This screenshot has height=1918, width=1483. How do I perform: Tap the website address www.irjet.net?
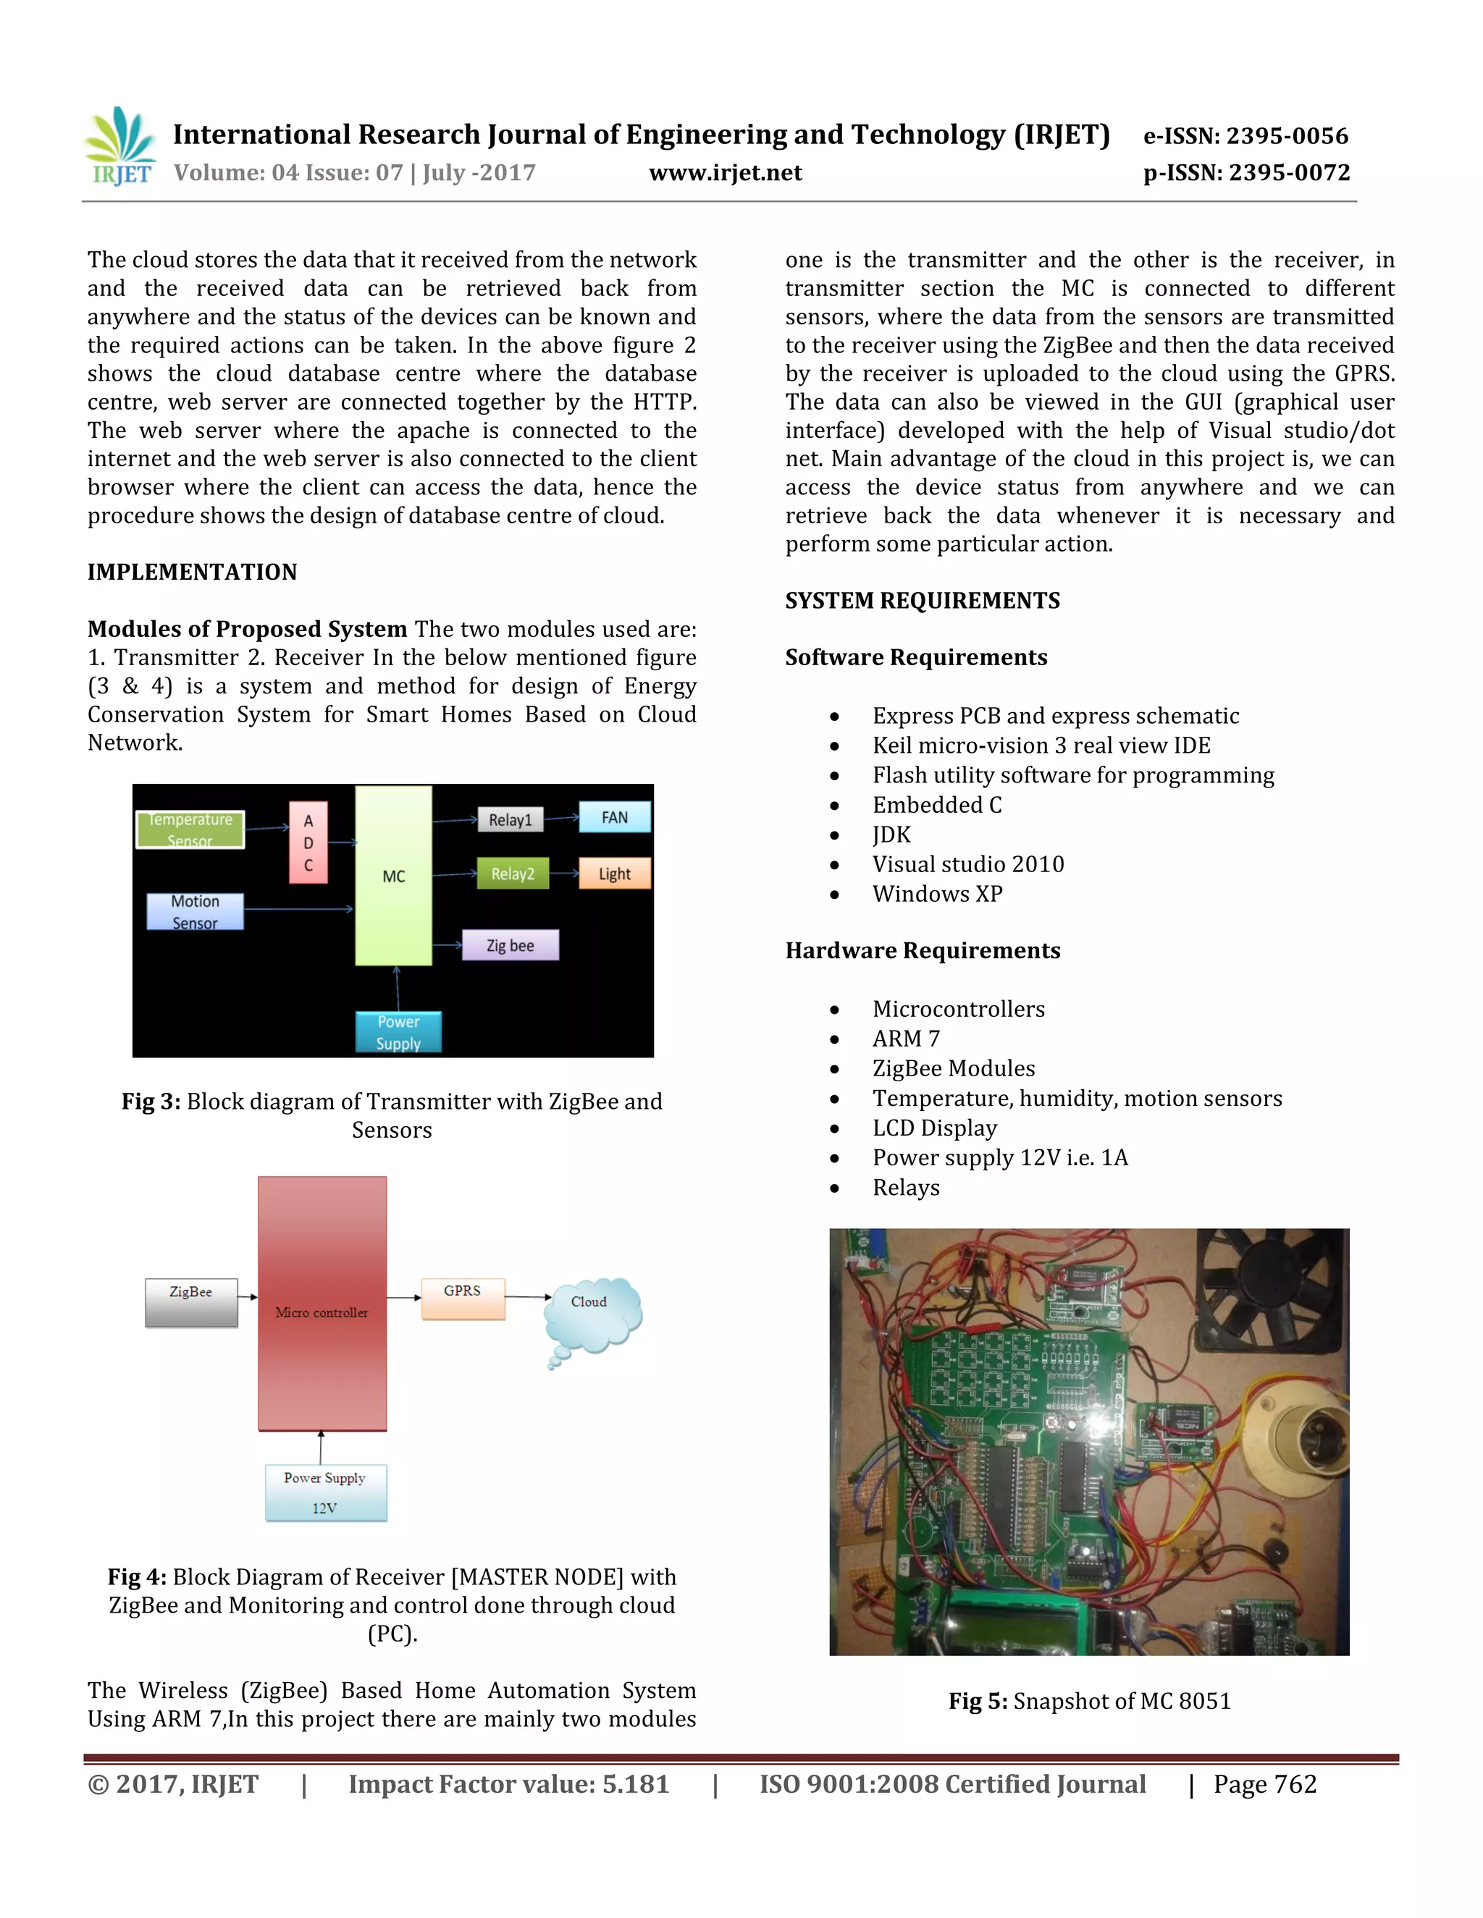pos(725,173)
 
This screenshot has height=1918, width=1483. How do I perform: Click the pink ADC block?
pos(308,842)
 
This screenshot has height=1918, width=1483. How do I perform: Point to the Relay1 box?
pos(511,819)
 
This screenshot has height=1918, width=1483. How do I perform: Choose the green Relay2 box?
pos(512,874)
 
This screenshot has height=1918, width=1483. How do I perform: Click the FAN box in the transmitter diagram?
pos(614,818)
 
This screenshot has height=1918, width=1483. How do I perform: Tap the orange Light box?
pos(614,874)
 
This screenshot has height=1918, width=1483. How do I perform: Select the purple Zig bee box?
pos(511,946)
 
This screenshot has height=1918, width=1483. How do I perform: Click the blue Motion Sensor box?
pos(195,911)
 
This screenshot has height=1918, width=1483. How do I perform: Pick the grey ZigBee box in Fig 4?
pos(191,1301)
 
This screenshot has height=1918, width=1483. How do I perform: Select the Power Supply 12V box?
pos(326,1492)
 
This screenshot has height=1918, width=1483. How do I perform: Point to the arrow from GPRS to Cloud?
pos(527,1297)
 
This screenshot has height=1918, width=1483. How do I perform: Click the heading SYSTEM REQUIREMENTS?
pos(923,601)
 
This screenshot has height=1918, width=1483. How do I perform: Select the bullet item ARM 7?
pos(906,1039)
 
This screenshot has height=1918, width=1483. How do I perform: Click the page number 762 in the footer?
pos(1295,1785)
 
